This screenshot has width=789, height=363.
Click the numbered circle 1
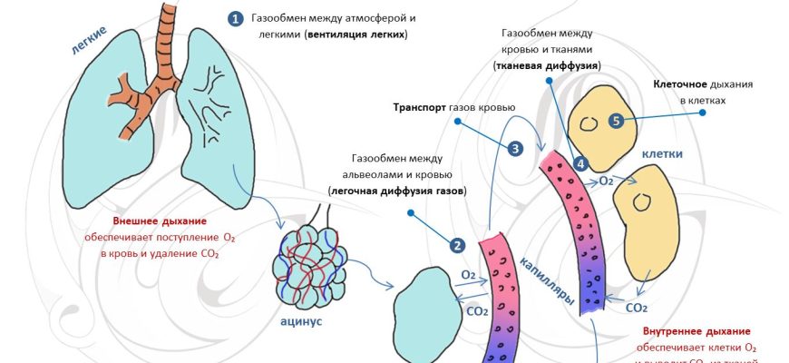[237, 18]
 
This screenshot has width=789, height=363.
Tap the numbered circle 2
[457, 245]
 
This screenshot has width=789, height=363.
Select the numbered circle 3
[515, 149]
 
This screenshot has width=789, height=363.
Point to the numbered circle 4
[581, 164]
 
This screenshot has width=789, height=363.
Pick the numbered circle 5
[616, 121]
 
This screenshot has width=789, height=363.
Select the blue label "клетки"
[663, 154]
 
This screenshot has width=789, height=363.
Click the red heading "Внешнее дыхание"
[160, 221]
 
